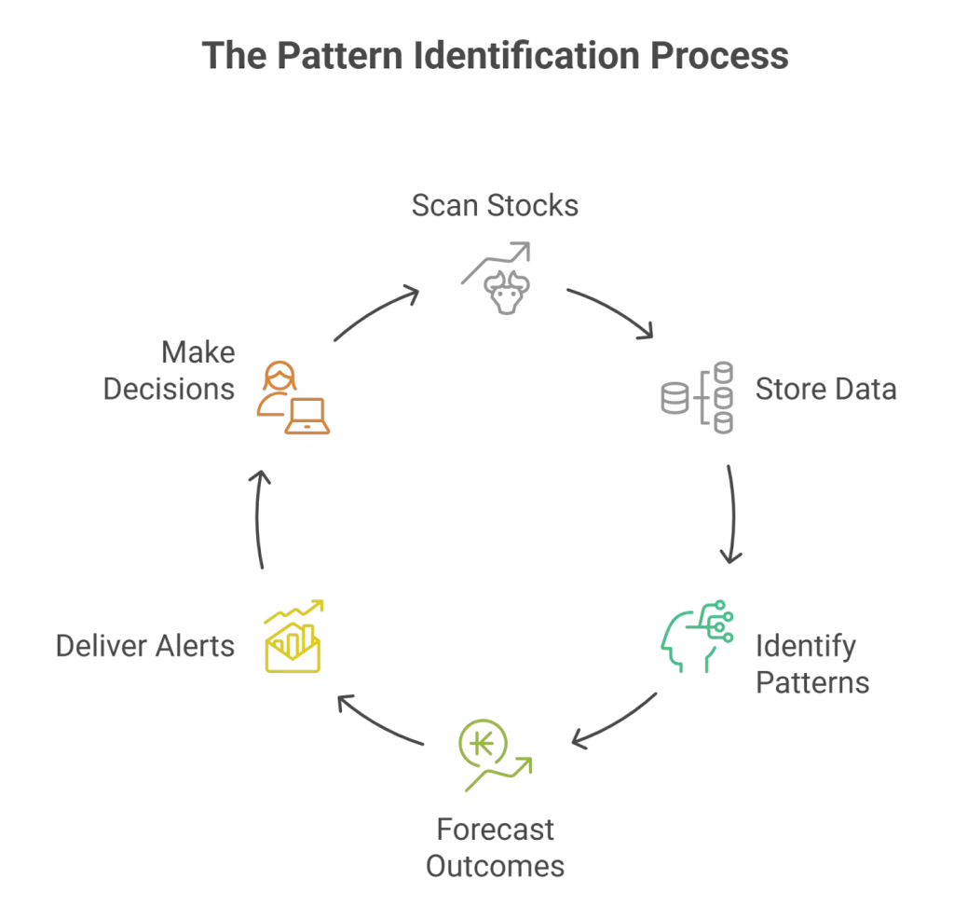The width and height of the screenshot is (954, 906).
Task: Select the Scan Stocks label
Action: click(495, 205)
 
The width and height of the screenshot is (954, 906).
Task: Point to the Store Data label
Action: click(825, 388)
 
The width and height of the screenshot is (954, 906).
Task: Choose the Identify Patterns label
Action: click(811, 663)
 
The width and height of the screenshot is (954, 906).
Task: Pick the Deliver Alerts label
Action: click(146, 645)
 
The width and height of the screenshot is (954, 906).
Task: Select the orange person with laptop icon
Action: click(292, 398)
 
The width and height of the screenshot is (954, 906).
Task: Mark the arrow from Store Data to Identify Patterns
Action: click(733, 513)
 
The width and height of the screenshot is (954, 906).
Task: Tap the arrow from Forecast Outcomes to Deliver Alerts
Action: click(378, 721)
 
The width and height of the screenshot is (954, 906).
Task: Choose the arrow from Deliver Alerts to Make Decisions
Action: click(262, 518)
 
